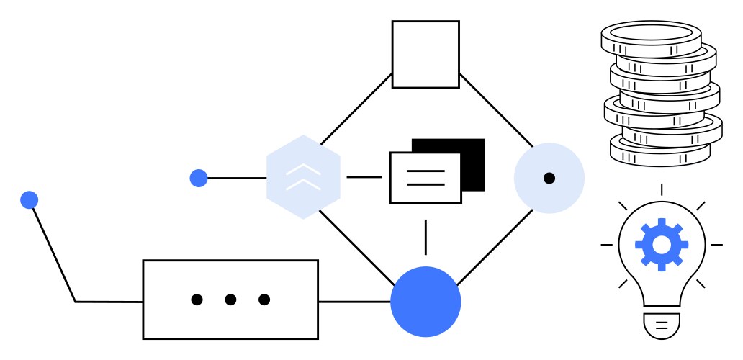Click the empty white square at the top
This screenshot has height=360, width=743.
pos(425,54)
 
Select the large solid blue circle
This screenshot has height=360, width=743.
pos(425,302)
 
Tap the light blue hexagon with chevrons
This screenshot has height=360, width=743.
pos(303,177)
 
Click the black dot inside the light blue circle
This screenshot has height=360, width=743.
pos(549,178)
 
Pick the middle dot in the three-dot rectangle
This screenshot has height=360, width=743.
pos(230,300)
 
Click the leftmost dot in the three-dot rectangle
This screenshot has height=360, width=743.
pos(197,300)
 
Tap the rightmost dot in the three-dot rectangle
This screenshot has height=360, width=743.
pos(264,300)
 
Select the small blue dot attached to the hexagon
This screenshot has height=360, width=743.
pos(199,178)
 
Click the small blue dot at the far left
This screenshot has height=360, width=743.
pos(29,199)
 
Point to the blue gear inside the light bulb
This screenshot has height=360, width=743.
pos(661,244)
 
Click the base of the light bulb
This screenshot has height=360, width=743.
pos(661,325)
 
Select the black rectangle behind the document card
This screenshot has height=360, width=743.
pos(472,148)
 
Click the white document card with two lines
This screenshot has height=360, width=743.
pos(425,178)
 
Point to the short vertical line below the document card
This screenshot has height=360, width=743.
pos(425,237)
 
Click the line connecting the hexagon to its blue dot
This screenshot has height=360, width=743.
pos(237,178)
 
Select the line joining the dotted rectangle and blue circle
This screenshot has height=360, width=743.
pos(354,301)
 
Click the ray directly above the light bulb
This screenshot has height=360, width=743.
pos(661,189)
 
